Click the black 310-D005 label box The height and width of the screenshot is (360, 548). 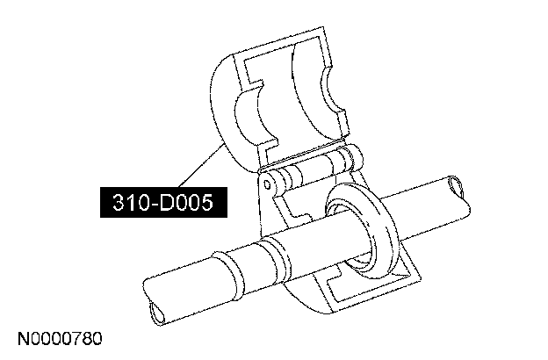(x=163, y=202)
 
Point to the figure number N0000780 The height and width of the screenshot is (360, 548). (x=60, y=338)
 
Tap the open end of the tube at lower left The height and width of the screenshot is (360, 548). (x=156, y=313)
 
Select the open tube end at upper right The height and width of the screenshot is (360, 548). (x=457, y=187)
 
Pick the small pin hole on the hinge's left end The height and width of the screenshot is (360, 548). (x=267, y=184)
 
